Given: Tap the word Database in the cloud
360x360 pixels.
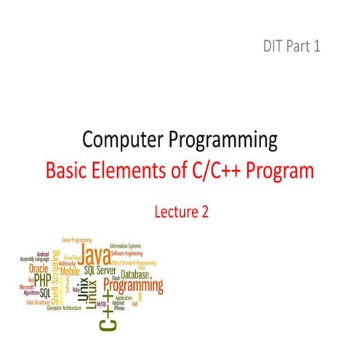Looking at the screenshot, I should pyautogui.click(x=136, y=275).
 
